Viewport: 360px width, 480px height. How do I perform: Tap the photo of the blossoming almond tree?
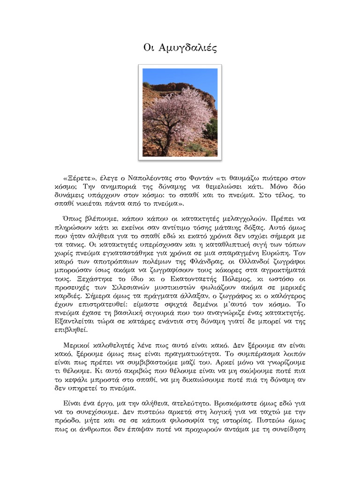tap(180, 112)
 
